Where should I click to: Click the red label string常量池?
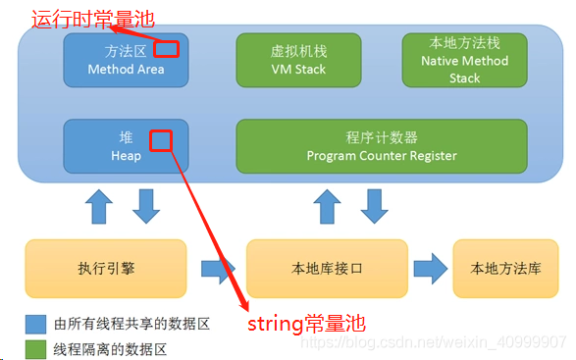pos(307,322)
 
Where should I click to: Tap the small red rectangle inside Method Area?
pos(167,48)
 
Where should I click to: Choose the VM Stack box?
pos(297,59)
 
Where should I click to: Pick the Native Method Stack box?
pos(464,59)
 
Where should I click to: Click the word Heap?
pos(125,155)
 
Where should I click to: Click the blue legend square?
pos(33,322)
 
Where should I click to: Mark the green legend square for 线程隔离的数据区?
pos(33,348)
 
